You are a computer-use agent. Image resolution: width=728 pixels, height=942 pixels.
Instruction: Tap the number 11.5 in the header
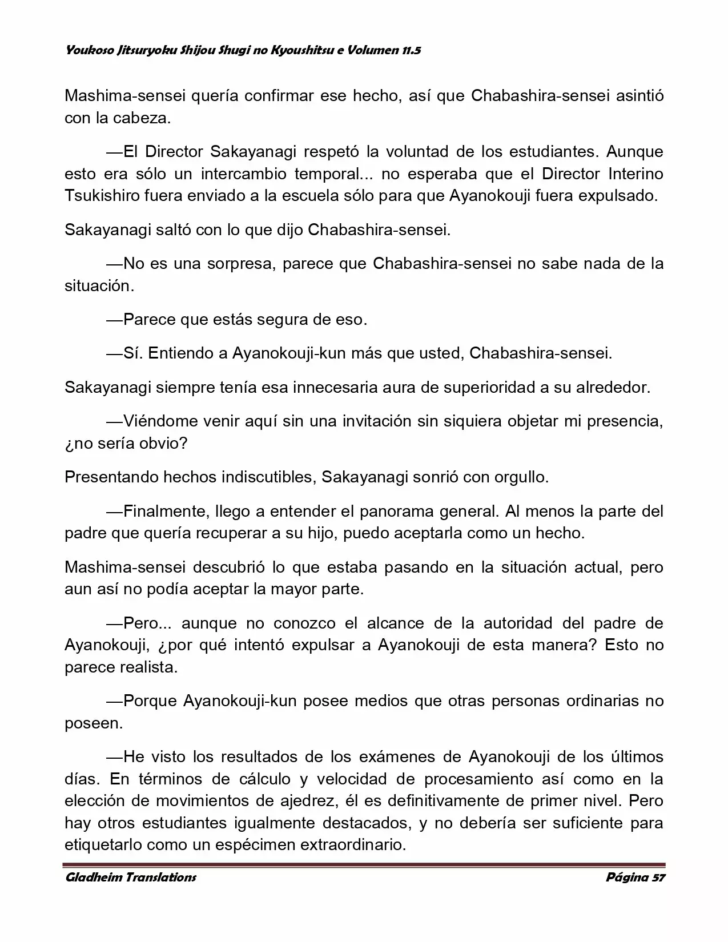click(x=411, y=50)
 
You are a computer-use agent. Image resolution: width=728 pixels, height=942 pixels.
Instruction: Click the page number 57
click(x=658, y=877)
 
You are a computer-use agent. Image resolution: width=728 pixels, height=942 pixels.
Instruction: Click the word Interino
click(x=636, y=174)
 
